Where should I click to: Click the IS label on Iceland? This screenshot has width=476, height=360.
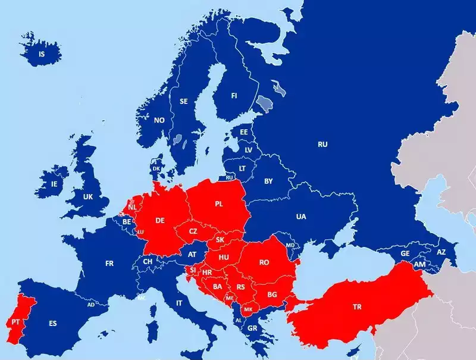pos(42,54)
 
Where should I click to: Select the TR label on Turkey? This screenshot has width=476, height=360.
pos(357,307)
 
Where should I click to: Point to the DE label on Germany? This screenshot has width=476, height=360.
pos(160,220)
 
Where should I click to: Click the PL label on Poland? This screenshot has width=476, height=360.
pos(218,204)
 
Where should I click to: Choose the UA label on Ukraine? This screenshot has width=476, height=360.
pos(301,217)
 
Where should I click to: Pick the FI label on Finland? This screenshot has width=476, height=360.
pos(234,96)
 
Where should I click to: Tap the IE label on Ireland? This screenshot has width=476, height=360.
pos(55,184)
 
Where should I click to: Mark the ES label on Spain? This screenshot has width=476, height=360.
pos(53,324)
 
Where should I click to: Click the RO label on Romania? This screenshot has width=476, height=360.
pos(264,262)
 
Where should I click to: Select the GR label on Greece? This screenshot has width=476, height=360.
pos(252,328)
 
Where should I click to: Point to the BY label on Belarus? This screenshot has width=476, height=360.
pos(268,180)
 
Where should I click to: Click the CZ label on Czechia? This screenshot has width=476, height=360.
pos(193,231)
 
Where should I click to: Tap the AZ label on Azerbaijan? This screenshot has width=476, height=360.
pos(441,252)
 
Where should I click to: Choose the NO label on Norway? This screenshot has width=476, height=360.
pos(159,120)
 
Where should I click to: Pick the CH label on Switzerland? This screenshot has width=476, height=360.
pos(148,261)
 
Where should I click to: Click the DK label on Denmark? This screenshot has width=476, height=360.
pos(156,168)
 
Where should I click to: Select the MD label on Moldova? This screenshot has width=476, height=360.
pos(290,245)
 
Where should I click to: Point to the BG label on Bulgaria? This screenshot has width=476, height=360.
pos(272,295)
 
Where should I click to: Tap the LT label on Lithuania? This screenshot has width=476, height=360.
pos(242,168)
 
